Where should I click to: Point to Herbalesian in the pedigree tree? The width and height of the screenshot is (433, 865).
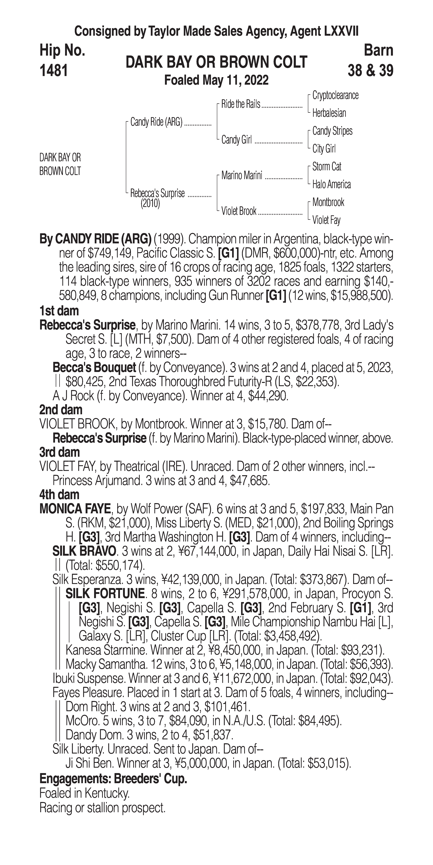[x=329, y=113]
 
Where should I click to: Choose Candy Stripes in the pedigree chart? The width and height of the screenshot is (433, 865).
[x=332, y=131]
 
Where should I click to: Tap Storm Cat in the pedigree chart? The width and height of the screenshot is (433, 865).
[x=327, y=167]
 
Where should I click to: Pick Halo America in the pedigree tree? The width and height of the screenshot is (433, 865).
[x=331, y=184]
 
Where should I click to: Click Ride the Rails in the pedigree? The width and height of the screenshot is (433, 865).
[x=241, y=104]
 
